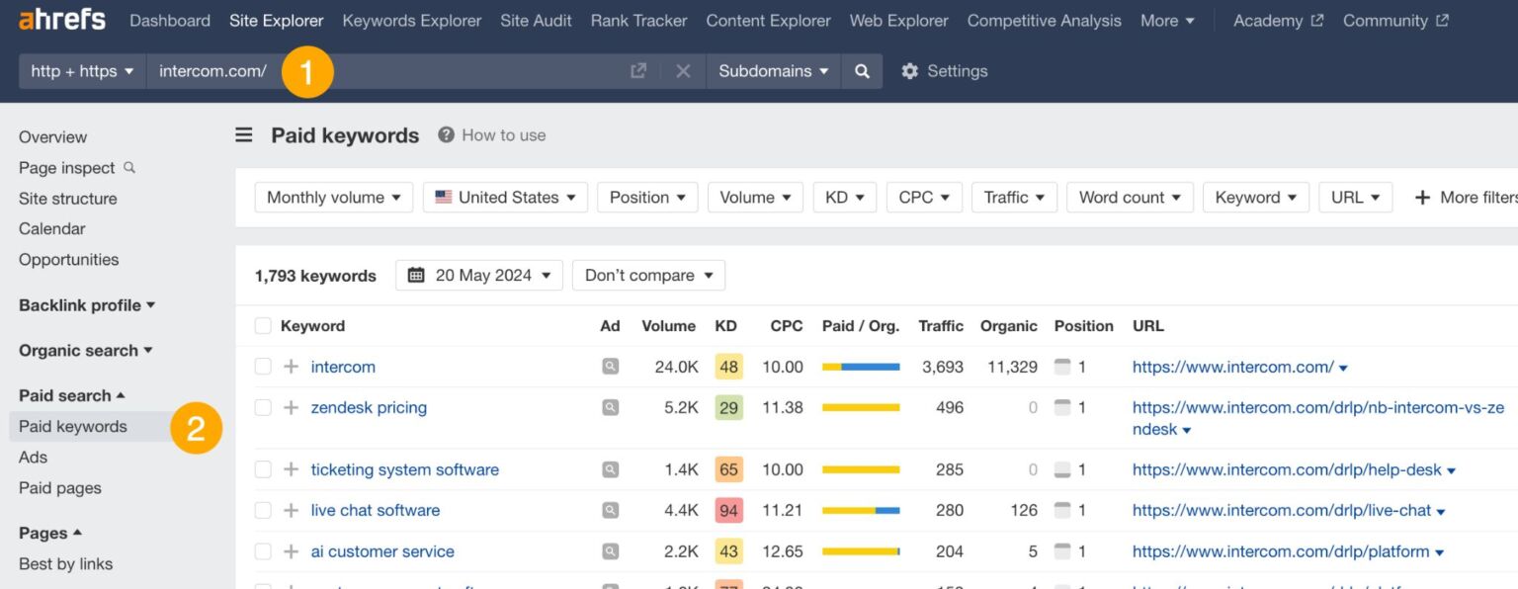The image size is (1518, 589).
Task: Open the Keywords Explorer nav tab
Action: coord(411,21)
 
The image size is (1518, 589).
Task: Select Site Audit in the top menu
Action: coord(536,21)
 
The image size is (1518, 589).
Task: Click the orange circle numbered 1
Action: coord(305,72)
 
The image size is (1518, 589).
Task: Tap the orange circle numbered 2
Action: coord(196,428)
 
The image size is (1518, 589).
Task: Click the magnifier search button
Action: coord(862,71)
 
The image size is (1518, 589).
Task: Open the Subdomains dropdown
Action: coord(773,71)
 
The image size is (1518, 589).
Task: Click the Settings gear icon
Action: coord(909,71)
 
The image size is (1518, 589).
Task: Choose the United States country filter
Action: coord(505,198)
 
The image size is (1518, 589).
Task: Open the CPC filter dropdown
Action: coord(923,198)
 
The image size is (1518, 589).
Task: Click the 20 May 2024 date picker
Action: coord(479,276)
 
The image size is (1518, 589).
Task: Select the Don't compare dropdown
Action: coord(648,276)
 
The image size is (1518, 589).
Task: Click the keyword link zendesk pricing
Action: coord(369,407)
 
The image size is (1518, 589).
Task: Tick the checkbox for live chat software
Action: coord(263,510)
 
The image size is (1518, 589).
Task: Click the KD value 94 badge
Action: coord(728,510)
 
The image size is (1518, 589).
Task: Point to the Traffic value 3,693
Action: coord(942,367)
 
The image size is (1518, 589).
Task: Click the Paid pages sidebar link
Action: coord(59,488)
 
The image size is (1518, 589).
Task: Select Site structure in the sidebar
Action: coord(67,199)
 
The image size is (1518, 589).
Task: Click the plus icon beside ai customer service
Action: coord(291,551)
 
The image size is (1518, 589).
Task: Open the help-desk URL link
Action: coord(1286,469)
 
